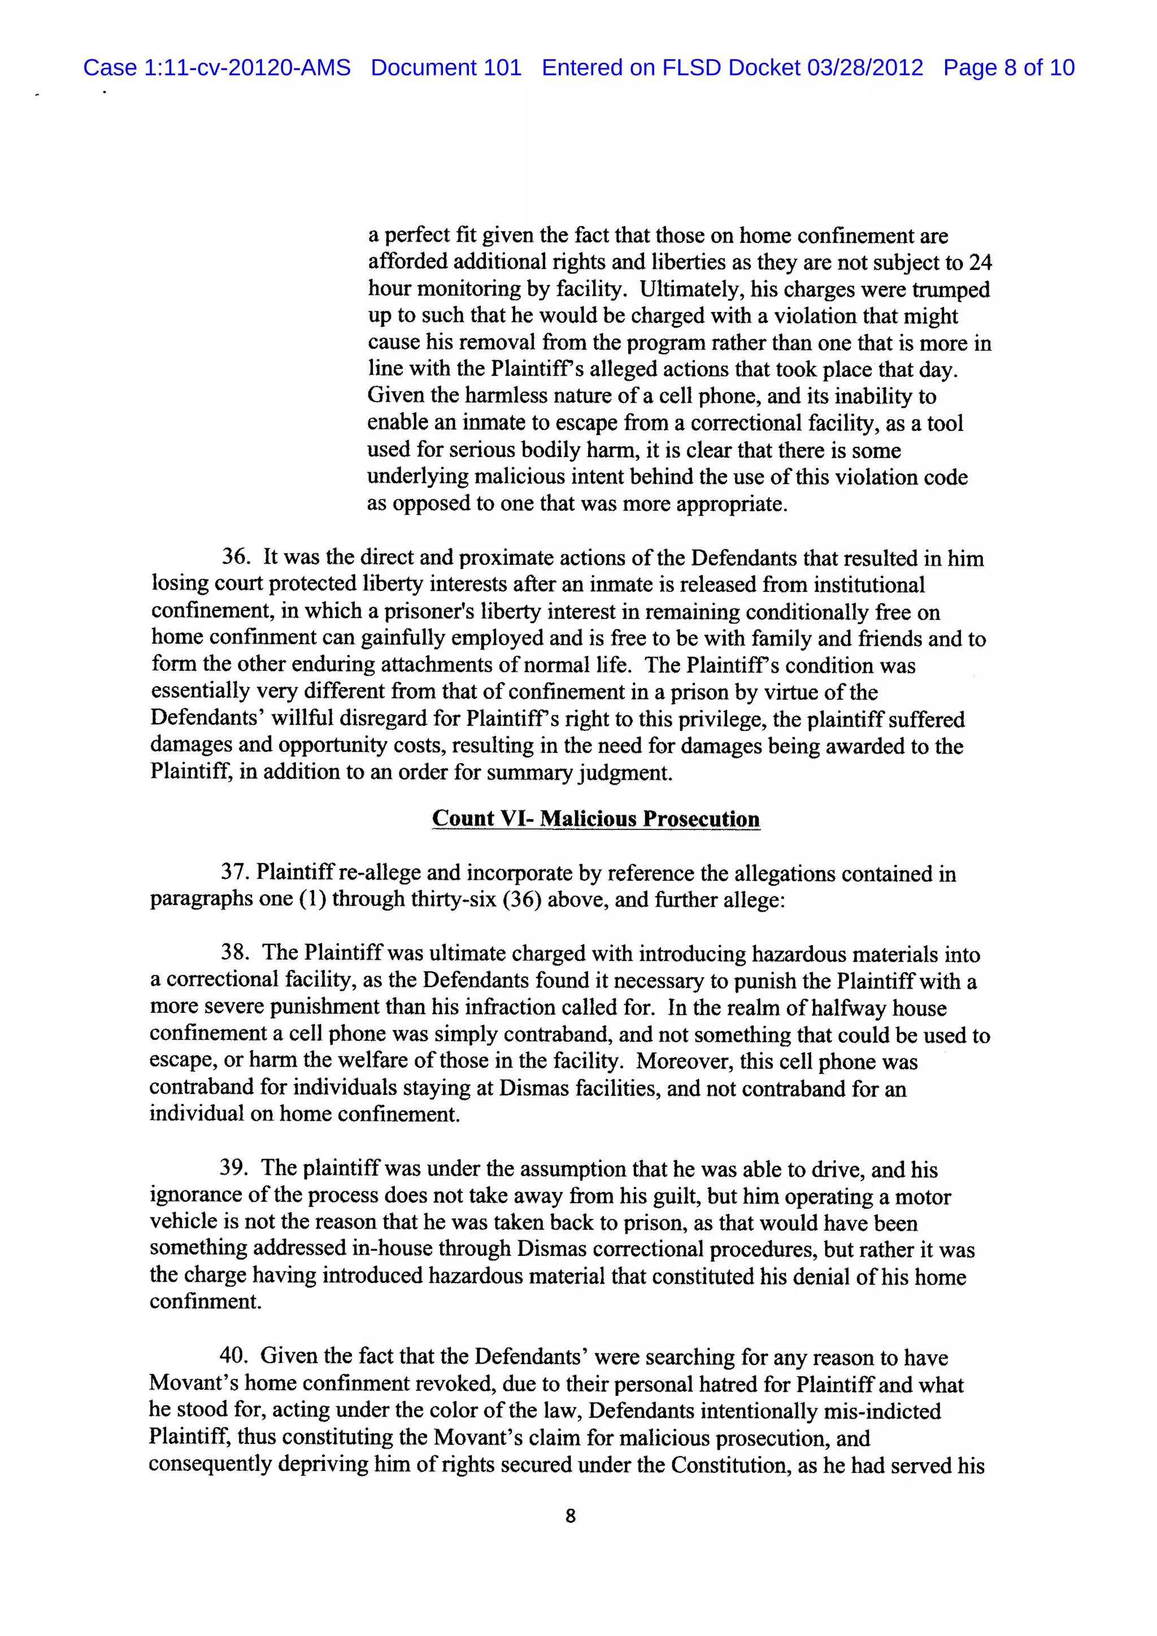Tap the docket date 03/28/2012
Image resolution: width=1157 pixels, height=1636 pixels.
pyautogui.click(x=864, y=68)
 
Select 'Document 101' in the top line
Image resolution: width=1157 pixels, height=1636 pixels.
pyautogui.click(x=446, y=68)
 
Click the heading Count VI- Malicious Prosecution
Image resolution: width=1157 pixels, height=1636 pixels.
pyautogui.click(x=595, y=818)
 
